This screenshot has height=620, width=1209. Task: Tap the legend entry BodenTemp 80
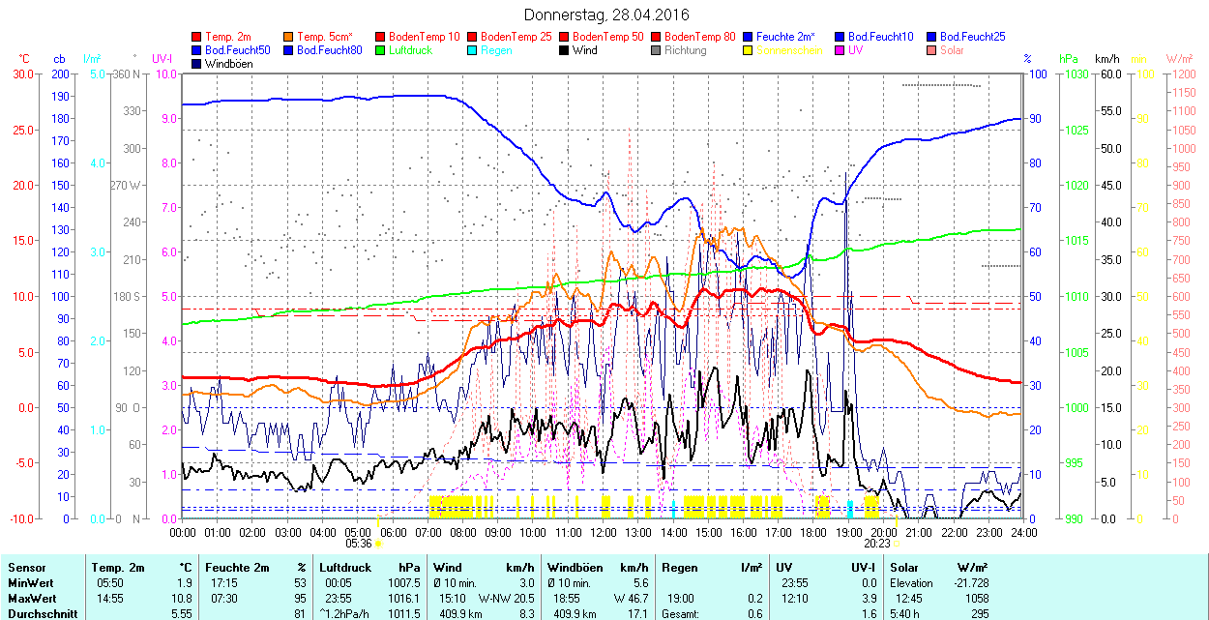[700, 36]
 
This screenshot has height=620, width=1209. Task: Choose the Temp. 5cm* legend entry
[324, 36]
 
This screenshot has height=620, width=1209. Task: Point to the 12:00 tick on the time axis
[603, 532]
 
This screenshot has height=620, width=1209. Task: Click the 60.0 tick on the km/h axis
[1108, 74]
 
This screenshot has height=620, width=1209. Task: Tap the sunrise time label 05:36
[358, 543]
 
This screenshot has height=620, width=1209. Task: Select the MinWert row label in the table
[31, 583]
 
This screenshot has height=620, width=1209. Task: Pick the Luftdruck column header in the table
[345, 568]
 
